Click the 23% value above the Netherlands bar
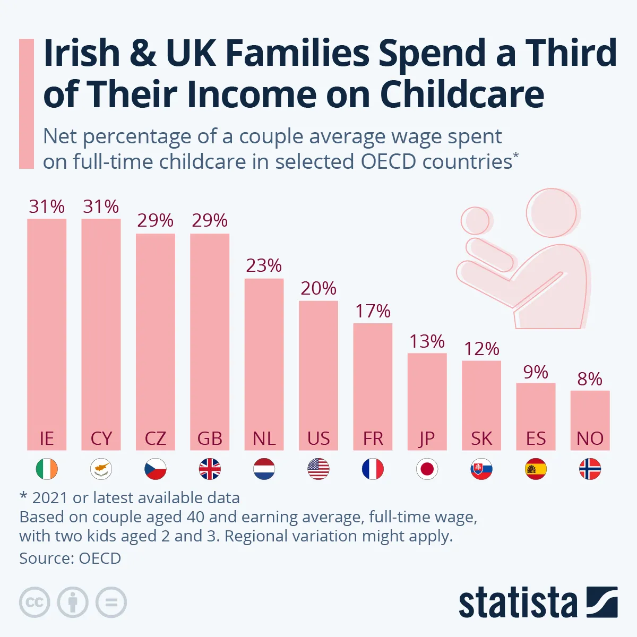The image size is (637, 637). point(264,265)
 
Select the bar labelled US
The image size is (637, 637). point(318,372)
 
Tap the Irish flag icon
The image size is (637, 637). point(47,469)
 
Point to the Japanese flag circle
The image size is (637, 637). point(427,469)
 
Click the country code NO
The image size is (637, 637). point(590,438)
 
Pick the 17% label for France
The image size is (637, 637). point(373,311)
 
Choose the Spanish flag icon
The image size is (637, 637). point(536,469)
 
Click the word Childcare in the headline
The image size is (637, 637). point(462,94)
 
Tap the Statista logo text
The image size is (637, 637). point(518,603)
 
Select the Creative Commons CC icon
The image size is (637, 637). point(35,602)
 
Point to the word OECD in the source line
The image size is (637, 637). point(100,558)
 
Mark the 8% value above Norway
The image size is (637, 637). point(590,379)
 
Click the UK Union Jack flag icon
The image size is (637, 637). point(210,469)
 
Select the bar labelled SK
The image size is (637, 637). point(481,403)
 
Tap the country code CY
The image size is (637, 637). point(101,438)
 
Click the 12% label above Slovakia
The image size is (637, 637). point(481,349)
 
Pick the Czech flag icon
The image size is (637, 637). point(156,469)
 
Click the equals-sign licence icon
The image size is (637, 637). point(111,602)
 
